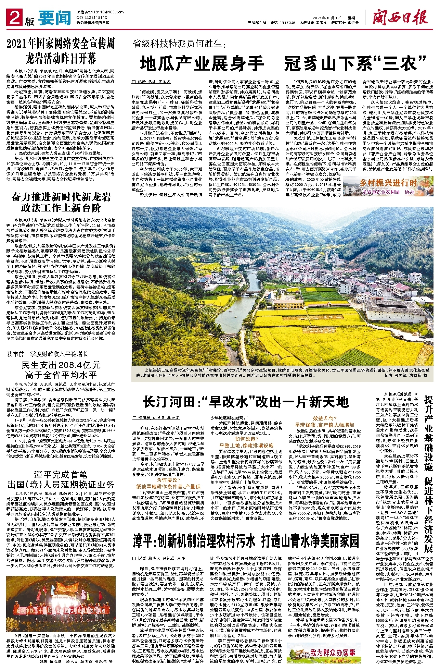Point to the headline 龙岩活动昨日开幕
coord(61,58)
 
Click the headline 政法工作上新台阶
coord(61,208)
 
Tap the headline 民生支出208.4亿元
coord(61,364)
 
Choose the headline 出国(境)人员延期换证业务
coord(61,485)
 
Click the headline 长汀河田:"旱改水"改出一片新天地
coord(246,401)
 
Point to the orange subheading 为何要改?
coord(168,480)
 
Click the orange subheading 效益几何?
coord(324,418)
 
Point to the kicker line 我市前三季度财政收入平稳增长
coord(48,354)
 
